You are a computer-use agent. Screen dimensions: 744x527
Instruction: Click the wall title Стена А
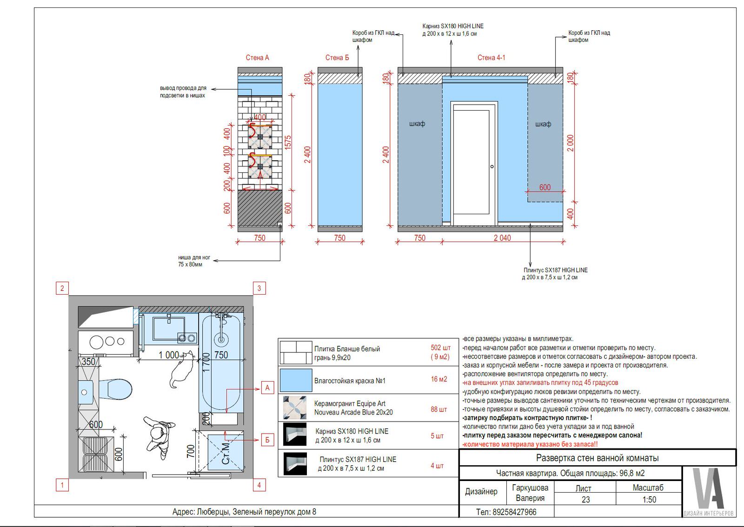tap(257, 58)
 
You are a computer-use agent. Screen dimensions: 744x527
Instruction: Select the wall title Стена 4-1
tap(491, 58)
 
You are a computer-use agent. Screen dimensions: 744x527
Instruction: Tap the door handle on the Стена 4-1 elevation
tap(492, 166)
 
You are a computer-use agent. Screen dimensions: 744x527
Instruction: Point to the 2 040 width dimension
tap(502, 238)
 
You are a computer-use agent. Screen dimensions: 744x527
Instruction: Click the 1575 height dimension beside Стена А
tap(288, 142)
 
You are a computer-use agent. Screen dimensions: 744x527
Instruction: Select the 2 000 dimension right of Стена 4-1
tap(571, 143)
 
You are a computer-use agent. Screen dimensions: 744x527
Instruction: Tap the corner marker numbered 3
tap(259, 289)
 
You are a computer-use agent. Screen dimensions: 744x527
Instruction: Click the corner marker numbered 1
tap(62, 485)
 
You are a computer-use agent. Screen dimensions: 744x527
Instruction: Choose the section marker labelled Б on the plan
tap(267, 441)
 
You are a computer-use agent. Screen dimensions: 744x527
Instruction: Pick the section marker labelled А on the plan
tap(267, 388)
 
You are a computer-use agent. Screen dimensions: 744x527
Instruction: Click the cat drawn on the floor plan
tap(182, 369)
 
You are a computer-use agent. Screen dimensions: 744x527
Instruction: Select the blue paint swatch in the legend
tap(296, 380)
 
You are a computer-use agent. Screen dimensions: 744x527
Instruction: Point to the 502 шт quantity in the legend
tap(440, 348)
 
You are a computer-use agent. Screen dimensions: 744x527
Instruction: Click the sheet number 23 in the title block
tap(585, 500)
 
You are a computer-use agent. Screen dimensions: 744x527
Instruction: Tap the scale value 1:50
tap(649, 500)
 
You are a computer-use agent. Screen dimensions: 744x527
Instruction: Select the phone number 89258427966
tap(514, 512)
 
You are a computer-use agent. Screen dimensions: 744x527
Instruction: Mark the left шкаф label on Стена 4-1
tap(417, 124)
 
